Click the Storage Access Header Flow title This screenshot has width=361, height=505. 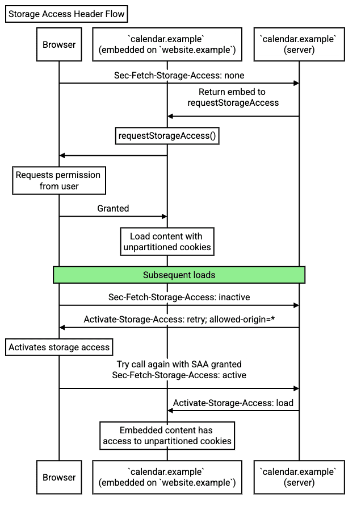point(66,14)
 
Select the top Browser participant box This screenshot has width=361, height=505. point(59,44)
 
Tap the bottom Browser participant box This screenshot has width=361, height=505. point(59,477)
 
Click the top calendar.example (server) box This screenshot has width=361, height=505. point(299,44)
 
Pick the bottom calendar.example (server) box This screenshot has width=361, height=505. point(299,477)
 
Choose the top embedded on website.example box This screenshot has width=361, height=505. point(167,44)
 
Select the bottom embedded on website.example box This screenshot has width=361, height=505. point(167,477)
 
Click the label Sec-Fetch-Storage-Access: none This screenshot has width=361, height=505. point(179,74)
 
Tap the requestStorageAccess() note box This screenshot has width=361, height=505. point(167,136)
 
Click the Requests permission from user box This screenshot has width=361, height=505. point(59,181)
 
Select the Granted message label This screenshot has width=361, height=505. point(113,209)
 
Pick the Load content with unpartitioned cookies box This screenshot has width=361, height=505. point(167,242)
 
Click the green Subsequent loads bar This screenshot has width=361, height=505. point(179,275)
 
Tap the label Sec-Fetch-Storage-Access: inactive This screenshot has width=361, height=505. point(179,297)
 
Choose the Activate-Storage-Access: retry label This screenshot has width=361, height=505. point(179,319)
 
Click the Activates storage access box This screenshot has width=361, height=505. point(59,347)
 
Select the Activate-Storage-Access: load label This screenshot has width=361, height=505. point(233,403)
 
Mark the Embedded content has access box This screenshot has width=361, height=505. point(167,436)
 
